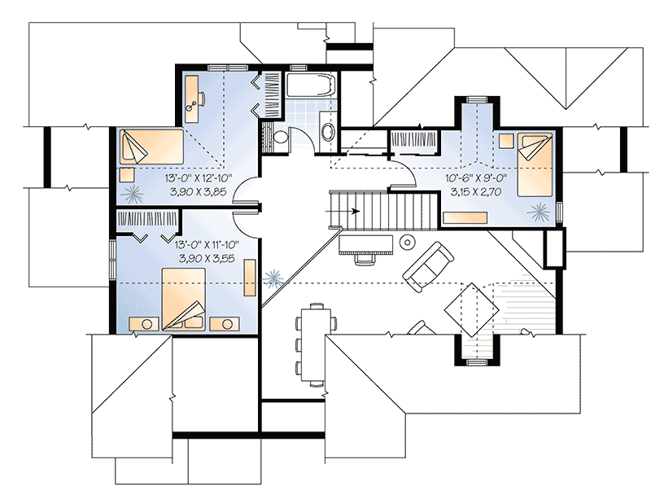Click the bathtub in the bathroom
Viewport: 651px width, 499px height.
click(309, 85)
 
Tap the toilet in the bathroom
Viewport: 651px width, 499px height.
click(279, 138)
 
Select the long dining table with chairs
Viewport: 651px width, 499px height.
click(315, 342)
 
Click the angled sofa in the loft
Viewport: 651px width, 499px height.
click(430, 268)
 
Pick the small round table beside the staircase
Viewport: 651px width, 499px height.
click(406, 243)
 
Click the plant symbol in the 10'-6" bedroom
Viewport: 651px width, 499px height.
click(537, 213)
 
